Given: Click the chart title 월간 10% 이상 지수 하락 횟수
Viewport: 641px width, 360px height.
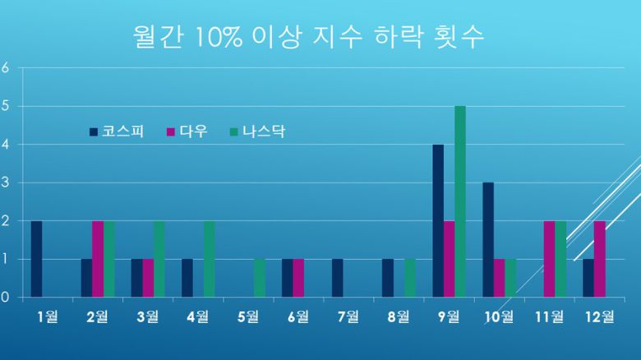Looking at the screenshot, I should [308, 37].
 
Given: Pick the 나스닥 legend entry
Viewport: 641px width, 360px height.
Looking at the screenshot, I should [258, 132].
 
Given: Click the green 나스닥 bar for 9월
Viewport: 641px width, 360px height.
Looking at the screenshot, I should [460, 201].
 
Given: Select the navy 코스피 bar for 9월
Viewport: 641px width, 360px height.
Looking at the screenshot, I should [438, 220].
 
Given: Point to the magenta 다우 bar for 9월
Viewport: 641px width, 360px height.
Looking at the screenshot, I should [449, 259].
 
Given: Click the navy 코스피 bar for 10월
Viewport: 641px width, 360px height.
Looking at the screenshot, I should [488, 239].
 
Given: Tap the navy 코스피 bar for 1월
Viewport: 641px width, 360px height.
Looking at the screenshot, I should [36, 259].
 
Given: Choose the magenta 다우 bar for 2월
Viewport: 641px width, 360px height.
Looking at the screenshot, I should [98, 259].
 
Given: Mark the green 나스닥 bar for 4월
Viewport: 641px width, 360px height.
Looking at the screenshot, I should [210, 259].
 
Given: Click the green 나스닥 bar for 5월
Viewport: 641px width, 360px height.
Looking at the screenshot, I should [260, 278].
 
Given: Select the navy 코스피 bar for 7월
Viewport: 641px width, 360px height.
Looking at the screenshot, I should [338, 278].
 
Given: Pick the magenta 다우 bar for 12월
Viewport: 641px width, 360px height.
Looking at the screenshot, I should [600, 259].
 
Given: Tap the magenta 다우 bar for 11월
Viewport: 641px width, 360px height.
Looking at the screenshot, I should [549, 259].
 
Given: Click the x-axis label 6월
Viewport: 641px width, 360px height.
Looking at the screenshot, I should [297, 317].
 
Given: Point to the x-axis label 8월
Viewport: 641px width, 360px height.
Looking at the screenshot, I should [399, 317].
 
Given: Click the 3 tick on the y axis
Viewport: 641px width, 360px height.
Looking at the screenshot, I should [5, 182].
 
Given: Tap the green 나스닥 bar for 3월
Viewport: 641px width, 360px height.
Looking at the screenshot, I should [159, 259].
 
